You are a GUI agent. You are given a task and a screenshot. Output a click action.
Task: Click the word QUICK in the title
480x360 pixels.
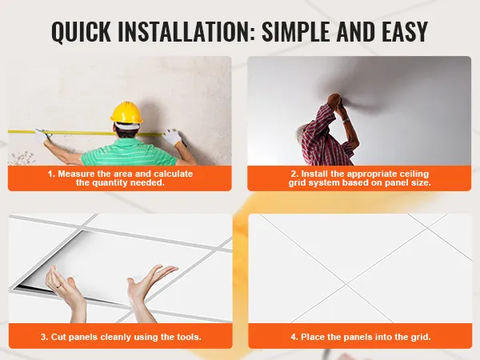coord(81,31)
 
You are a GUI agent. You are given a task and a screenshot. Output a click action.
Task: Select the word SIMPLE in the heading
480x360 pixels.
coord(296,31)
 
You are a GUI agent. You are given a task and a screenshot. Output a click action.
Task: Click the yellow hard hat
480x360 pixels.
coord(126,113)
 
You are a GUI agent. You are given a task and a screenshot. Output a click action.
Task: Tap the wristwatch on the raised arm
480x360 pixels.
coord(346,120)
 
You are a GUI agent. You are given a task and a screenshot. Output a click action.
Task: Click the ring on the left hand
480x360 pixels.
coord(58,286)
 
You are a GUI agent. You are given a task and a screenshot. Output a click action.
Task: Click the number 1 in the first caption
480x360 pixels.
coord(51,174)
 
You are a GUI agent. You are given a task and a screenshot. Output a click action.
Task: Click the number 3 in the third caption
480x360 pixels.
coord(44,337)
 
